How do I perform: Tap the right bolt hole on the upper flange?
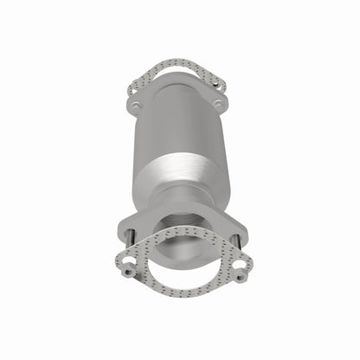[217, 105]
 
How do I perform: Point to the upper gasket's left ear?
[133, 85]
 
